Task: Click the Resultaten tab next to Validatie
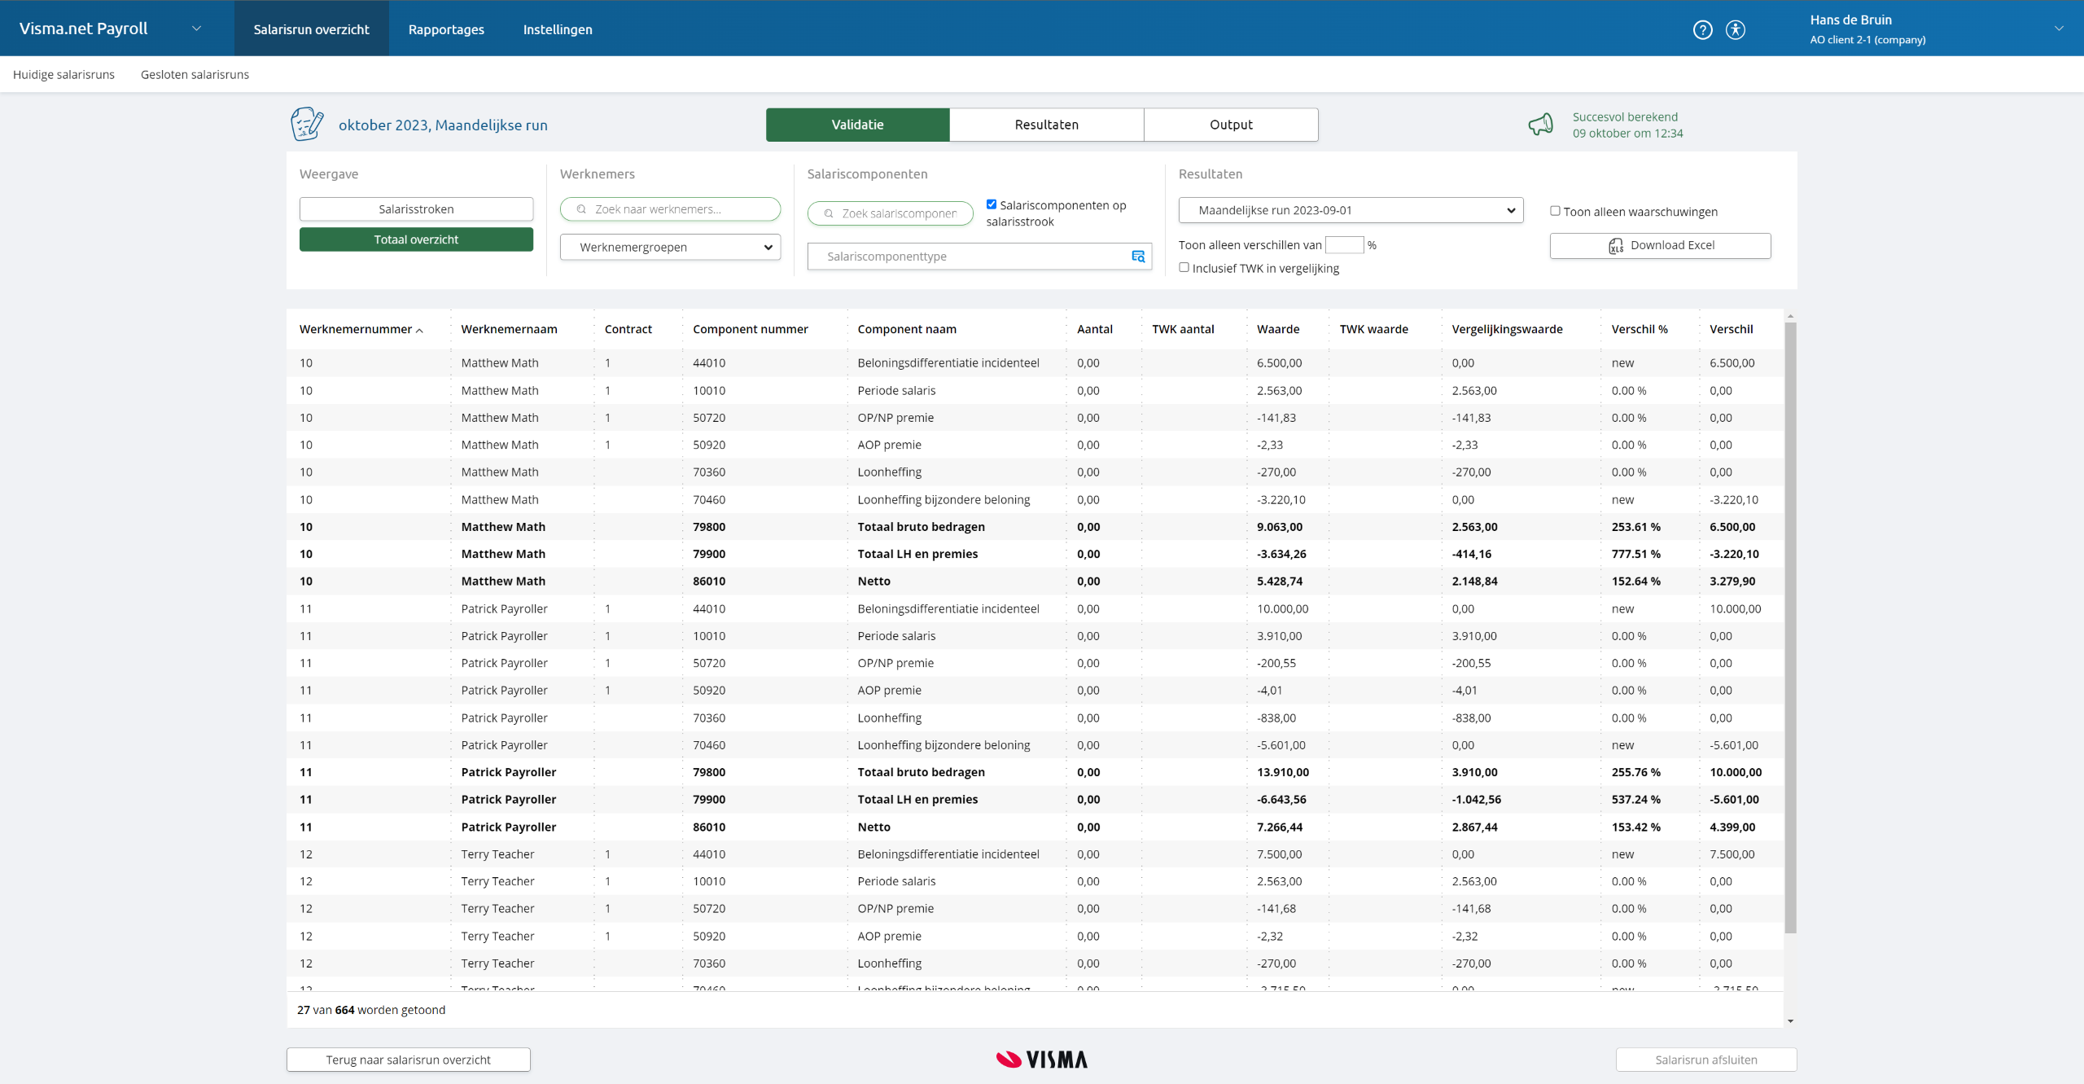(x=1046, y=125)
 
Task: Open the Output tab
(x=1230, y=125)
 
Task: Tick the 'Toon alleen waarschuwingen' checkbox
(x=1555, y=211)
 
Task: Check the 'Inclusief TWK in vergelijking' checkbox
(x=1184, y=267)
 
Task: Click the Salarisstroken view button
(x=416, y=209)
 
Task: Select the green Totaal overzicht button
(x=416, y=239)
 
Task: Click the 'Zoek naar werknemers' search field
(x=670, y=209)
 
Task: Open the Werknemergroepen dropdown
(x=670, y=247)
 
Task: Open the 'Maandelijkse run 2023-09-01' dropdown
(x=1350, y=210)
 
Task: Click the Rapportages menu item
(x=446, y=29)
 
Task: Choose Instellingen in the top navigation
(x=558, y=29)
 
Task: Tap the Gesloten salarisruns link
(x=195, y=74)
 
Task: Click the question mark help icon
(x=1702, y=30)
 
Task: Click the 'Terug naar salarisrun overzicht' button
(x=408, y=1060)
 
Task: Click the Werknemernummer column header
(x=356, y=329)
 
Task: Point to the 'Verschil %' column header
(x=1639, y=329)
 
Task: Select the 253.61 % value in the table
(x=1635, y=527)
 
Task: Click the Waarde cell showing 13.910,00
(x=1282, y=772)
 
